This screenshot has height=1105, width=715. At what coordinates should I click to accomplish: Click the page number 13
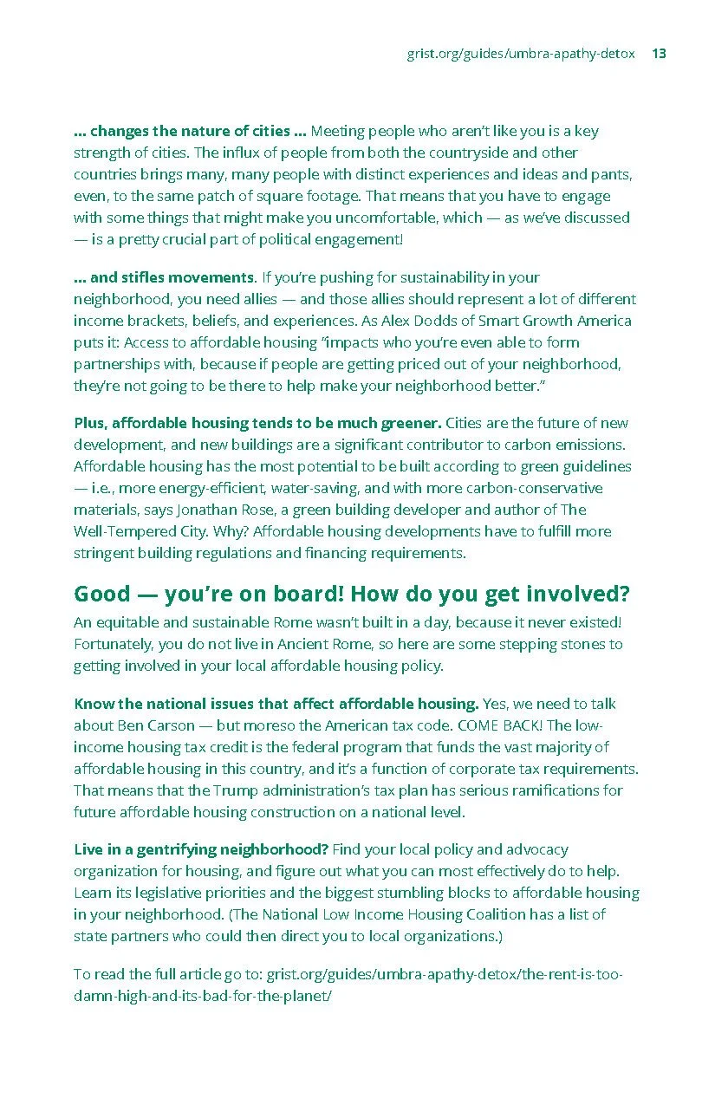tap(659, 54)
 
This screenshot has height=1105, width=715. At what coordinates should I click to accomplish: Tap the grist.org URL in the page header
tap(521, 54)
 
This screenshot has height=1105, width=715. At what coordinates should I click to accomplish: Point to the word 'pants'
tap(612, 174)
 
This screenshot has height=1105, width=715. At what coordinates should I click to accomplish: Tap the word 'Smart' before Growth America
tap(503, 321)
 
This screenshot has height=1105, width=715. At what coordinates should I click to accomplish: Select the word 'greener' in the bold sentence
tap(411, 423)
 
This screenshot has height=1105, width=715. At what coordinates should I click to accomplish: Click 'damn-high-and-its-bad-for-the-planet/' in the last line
tap(203, 996)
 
